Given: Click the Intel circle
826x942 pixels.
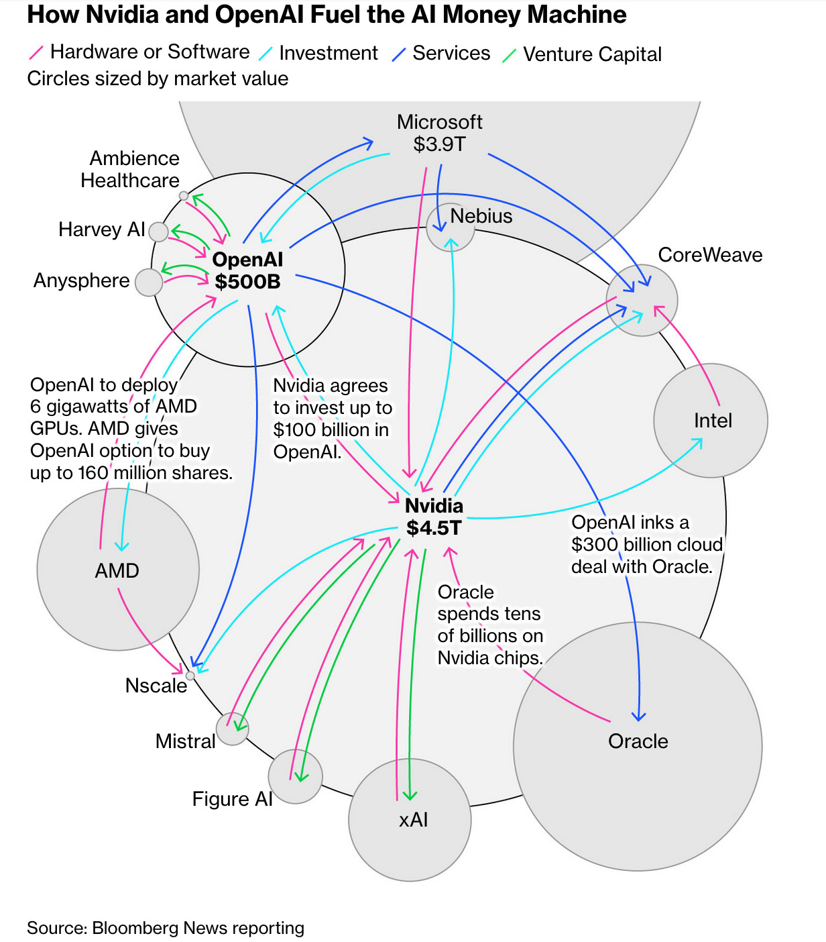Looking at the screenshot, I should click(711, 421).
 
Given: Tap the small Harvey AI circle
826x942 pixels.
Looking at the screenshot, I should click(158, 232).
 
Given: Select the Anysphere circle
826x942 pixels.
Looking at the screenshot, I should click(148, 282).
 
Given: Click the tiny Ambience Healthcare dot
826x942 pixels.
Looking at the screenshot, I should click(184, 196).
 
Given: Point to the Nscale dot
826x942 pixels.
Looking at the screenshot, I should click(190, 676).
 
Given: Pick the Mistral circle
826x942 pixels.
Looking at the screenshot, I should click(233, 729).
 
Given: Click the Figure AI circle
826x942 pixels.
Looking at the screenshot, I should click(295, 776).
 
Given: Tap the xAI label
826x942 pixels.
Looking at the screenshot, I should click(413, 820).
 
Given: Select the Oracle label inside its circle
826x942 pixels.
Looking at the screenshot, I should click(638, 741).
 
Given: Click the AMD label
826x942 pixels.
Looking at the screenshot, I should click(117, 571).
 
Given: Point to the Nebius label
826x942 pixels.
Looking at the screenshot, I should click(481, 216).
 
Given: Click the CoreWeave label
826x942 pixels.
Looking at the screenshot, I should click(710, 255).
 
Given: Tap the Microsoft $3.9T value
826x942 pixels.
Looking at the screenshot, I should click(439, 144).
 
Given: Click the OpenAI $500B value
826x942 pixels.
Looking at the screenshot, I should click(247, 282).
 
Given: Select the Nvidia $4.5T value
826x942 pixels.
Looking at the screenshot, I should click(434, 528).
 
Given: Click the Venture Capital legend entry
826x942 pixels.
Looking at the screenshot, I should click(591, 54).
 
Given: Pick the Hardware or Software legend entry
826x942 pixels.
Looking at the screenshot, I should click(149, 52).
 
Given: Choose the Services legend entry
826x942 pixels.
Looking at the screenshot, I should click(451, 53).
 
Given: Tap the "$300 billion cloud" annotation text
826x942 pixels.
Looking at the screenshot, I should click(646, 545).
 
